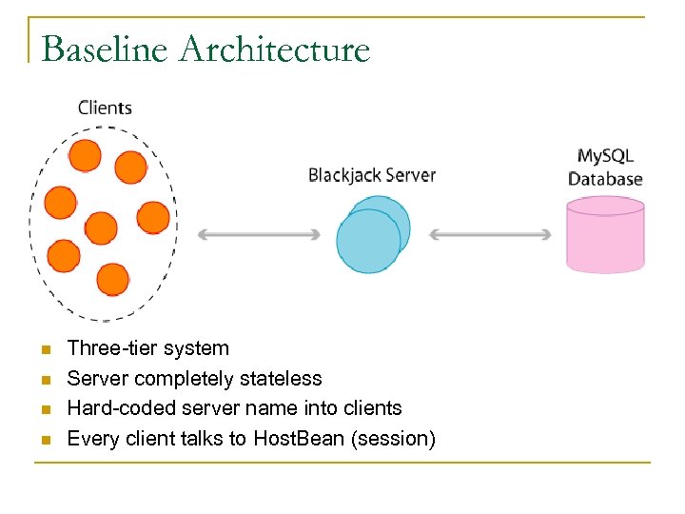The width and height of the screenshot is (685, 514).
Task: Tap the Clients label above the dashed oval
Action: tap(105, 108)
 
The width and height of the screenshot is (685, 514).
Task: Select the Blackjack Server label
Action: tap(372, 175)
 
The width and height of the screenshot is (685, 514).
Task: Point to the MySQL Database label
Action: tap(605, 167)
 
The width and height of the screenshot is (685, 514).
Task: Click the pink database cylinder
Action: tap(605, 235)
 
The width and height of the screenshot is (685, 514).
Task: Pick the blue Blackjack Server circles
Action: tap(372, 236)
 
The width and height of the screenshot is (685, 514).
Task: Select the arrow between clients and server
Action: tap(259, 234)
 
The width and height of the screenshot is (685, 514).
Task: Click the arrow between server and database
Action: tap(491, 234)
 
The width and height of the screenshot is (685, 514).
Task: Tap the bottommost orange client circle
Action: tap(113, 279)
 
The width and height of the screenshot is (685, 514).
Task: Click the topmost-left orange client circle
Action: tap(85, 155)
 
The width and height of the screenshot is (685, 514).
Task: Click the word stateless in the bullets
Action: tap(284, 379)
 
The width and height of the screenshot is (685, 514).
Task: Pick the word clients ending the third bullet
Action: tap(371, 408)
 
